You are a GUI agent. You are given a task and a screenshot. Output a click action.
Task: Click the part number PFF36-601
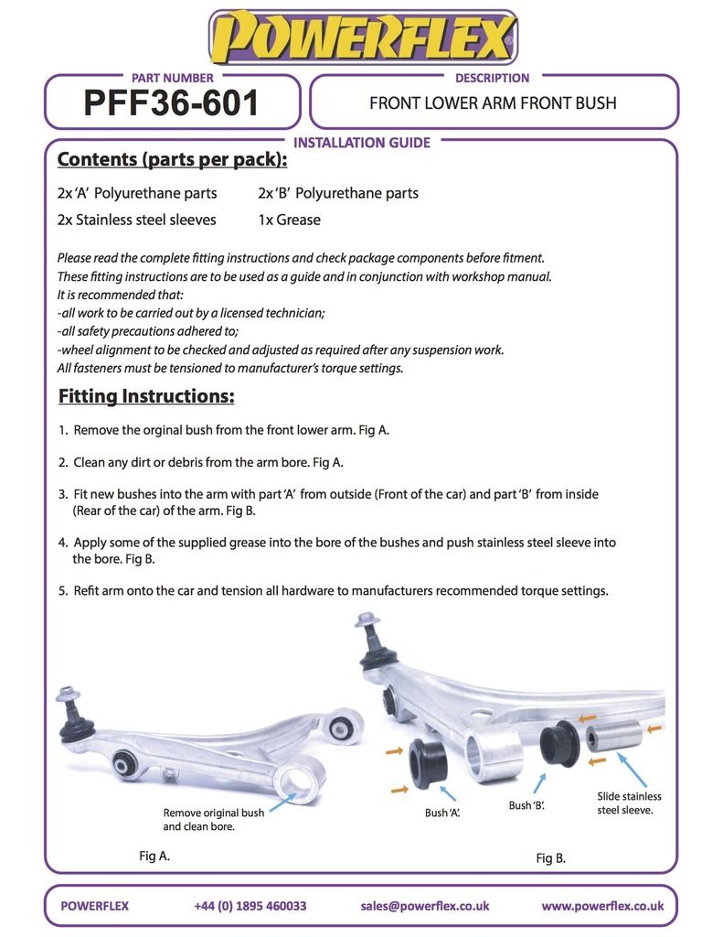click(x=172, y=102)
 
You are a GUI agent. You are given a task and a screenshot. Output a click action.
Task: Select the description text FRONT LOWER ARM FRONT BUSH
click(x=493, y=102)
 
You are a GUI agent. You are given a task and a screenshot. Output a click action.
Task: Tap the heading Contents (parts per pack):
click(x=172, y=159)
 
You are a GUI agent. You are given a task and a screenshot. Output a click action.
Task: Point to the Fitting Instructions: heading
click(x=146, y=396)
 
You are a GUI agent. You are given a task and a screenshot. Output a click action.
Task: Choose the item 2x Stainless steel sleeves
click(x=136, y=220)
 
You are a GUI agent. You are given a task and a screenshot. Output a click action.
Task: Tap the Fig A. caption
click(x=154, y=856)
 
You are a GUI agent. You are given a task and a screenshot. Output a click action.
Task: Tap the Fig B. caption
click(x=550, y=858)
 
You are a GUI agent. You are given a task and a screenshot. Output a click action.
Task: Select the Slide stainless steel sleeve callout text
click(x=629, y=803)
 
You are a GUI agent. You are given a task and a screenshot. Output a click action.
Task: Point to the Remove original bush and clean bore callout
click(x=213, y=819)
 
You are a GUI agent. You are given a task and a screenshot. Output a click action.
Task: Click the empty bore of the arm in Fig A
click(x=299, y=783)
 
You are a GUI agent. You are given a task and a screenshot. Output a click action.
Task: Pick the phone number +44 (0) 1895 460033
click(x=250, y=906)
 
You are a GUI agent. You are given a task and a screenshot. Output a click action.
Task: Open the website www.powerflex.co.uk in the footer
click(x=601, y=906)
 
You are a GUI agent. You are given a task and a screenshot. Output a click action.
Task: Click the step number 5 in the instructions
click(x=62, y=590)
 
